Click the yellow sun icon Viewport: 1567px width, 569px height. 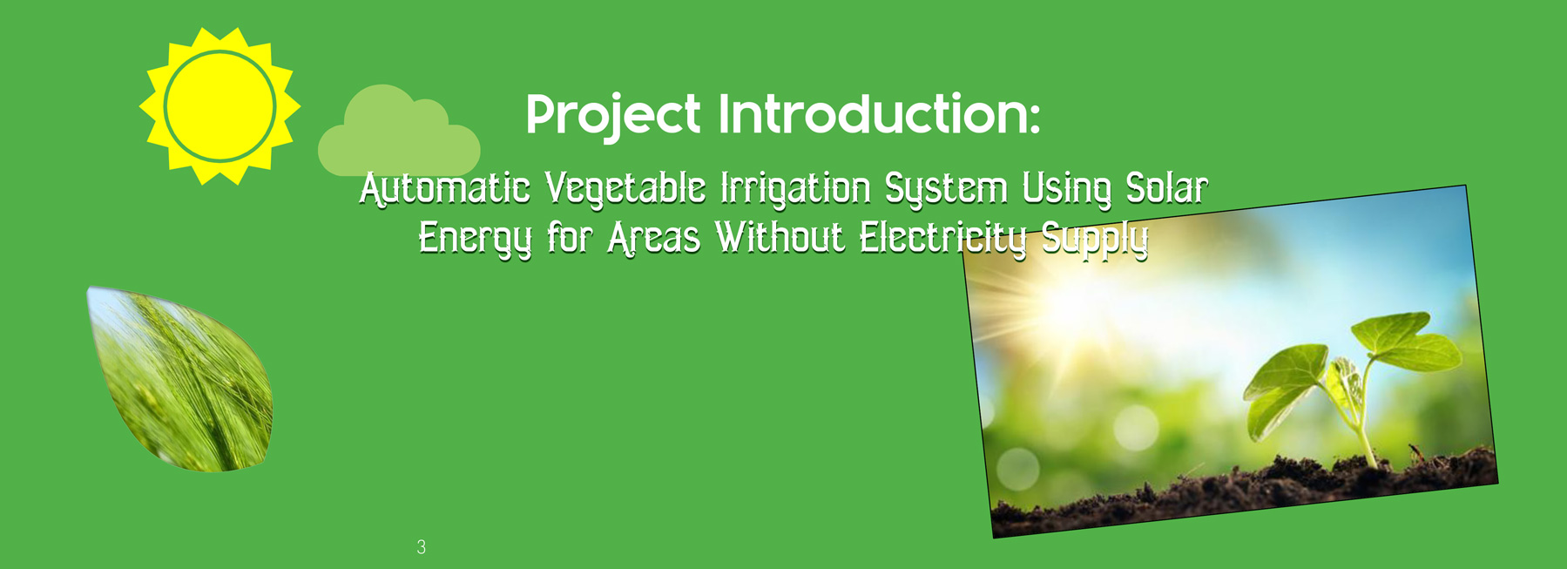(220, 106)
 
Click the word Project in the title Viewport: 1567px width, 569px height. (613, 115)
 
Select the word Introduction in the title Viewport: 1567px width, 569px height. (879, 114)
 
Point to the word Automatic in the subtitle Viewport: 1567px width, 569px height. (445, 188)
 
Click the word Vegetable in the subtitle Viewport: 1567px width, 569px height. (625, 190)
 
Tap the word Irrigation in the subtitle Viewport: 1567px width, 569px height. (795, 190)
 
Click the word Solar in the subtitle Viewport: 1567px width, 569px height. (1167, 188)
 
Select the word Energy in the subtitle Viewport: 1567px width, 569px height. (475, 239)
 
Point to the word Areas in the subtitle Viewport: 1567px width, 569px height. (653, 238)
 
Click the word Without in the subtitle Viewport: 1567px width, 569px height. (780, 238)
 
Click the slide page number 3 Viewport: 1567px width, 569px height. (422, 547)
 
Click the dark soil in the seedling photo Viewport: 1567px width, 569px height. (1246, 492)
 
